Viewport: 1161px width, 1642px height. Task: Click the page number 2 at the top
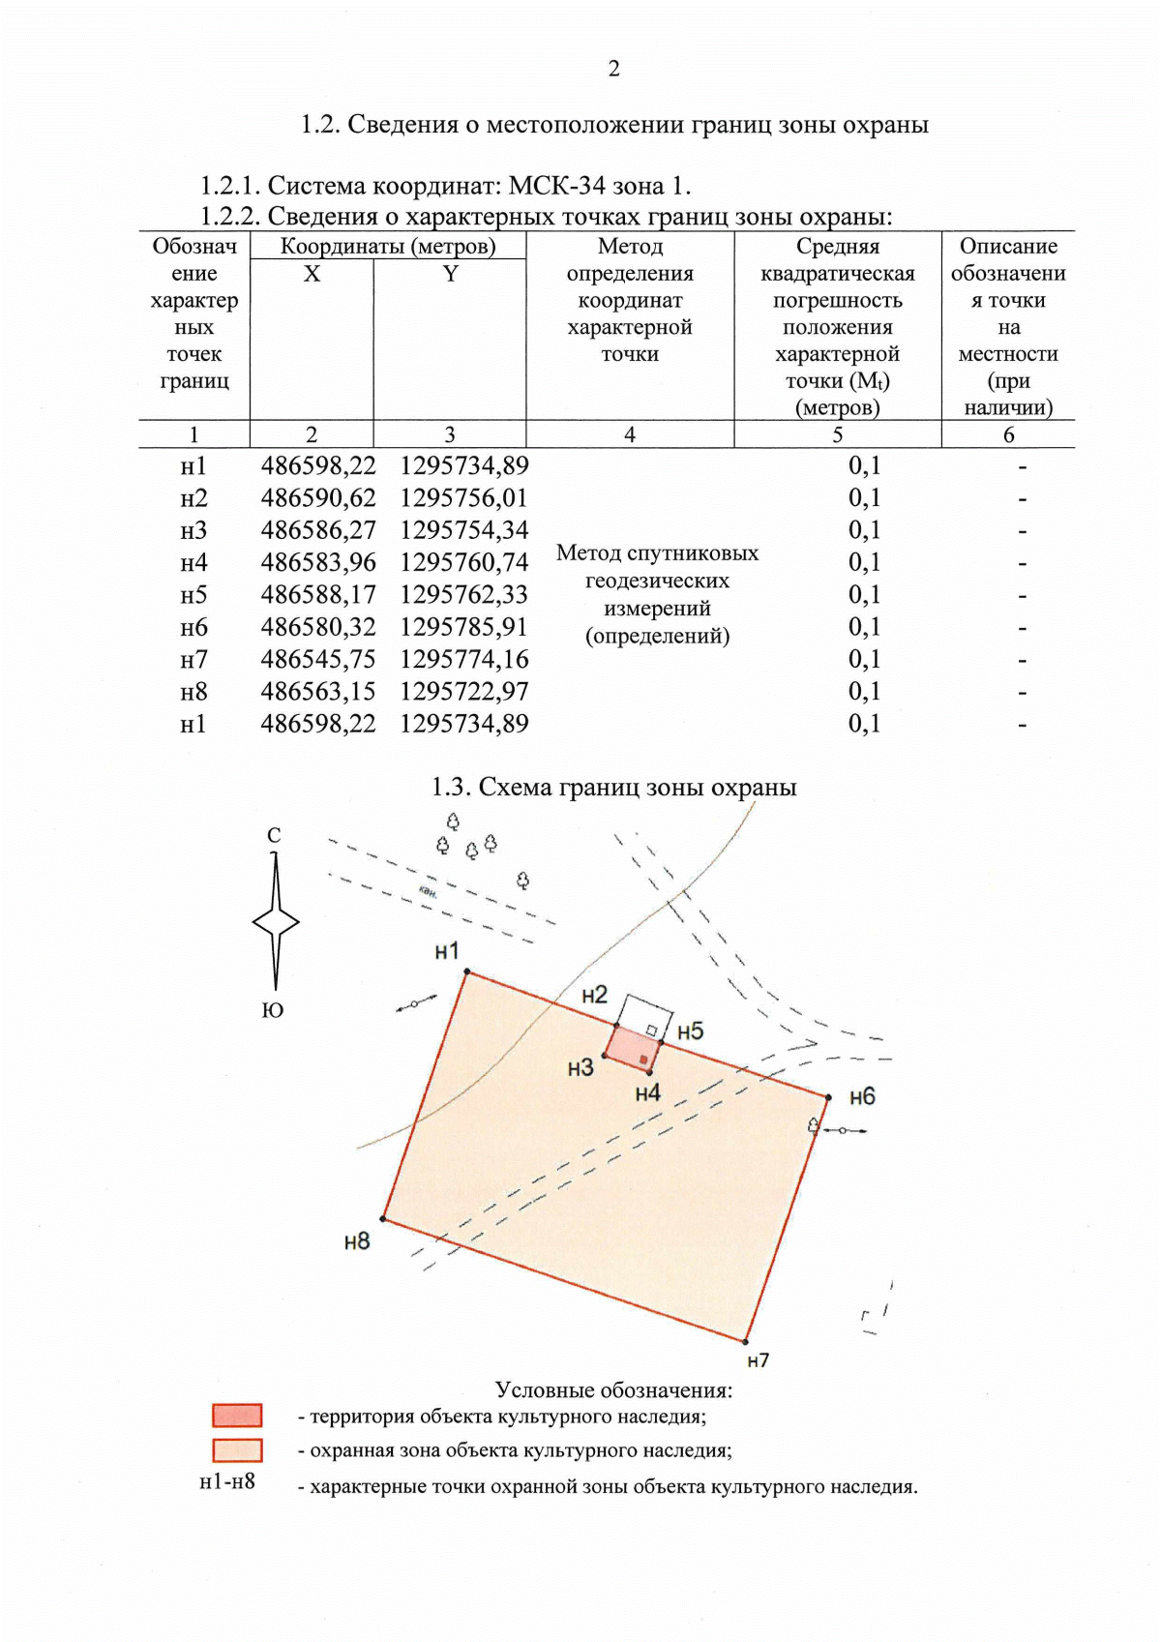click(x=613, y=69)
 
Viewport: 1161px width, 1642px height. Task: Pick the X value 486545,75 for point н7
click(x=317, y=660)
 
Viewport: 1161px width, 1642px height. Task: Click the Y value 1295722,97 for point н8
click(x=464, y=692)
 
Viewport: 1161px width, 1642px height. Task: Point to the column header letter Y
click(x=450, y=274)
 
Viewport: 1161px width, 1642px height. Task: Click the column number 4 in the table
click(x=630, y=434)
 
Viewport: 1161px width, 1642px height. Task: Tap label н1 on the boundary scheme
click(x=446, y=952)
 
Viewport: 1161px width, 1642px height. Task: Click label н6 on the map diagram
click(x=862, y=1096)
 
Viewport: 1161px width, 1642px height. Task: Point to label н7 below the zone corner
click(x=759, y=1360)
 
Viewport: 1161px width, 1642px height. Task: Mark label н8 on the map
click(x=357, y=1241)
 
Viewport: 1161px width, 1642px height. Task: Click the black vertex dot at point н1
click(x=467, y=971)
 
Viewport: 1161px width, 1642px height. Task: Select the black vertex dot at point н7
click(x=746, y=1341)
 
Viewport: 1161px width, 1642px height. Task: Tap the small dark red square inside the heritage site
click(x=643, y=1060)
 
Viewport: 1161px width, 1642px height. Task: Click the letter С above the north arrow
click(x=274, y=835)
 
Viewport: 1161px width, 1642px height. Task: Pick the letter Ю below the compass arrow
click(x=273, y=1010)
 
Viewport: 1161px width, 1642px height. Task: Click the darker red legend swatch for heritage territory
click(x=237, y=1416)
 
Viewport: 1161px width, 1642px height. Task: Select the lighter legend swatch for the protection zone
click(x=237, y=1450)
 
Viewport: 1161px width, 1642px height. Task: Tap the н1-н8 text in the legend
click(x=227, y=1481)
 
